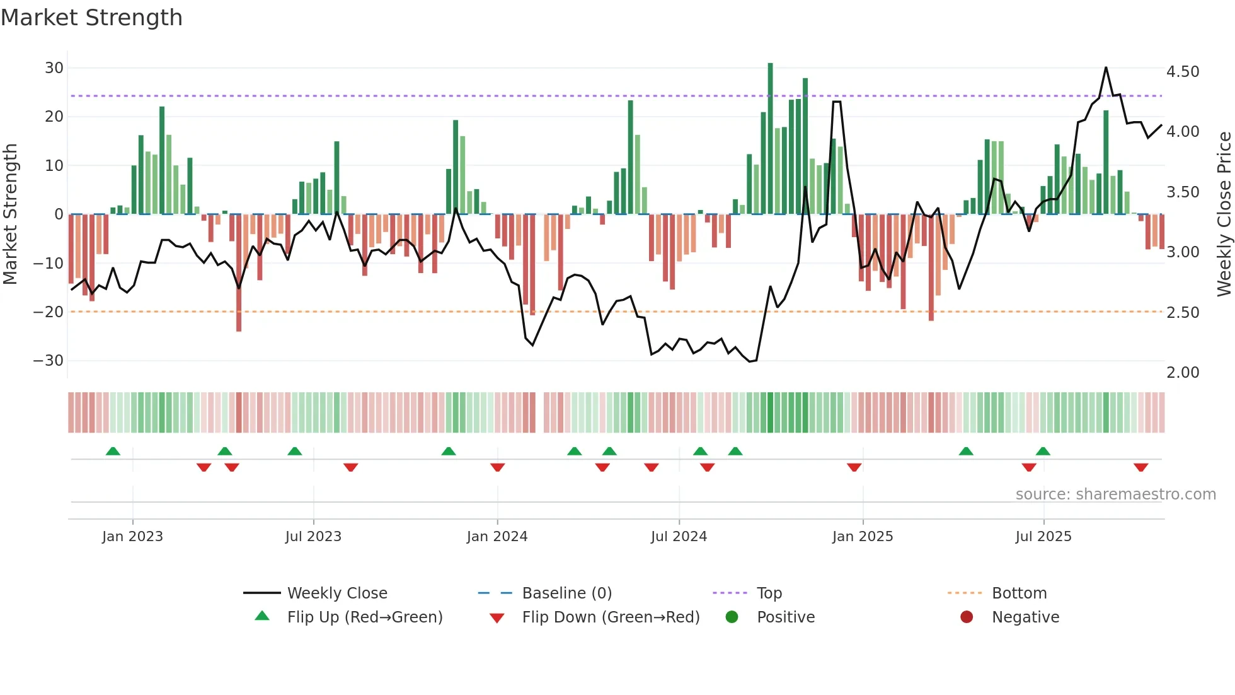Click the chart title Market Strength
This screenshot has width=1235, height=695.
[x=91, y=18]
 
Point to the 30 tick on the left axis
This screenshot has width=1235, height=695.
[x=54, y=68]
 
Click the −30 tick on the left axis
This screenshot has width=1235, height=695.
[x=49, y=361]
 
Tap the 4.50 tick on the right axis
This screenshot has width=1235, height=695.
[x=1183, y=72]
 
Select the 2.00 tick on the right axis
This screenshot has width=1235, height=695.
[x=1183, y=373]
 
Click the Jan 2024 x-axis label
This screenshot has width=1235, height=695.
[x=497, y=537]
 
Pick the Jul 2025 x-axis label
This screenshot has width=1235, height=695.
[x=1043, y=537]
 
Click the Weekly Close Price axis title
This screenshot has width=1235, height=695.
[x=1224, y=214]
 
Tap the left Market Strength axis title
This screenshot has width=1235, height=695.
[x=10, y=214]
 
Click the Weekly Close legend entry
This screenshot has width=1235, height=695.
[x=337, y=593]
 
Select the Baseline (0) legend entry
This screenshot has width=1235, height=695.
[x=566, y=593]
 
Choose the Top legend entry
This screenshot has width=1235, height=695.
[x=769, y=593]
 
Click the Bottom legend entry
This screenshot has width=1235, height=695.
[x=1019, y=593]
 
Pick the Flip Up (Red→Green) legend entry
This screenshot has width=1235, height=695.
[x=364, y=617]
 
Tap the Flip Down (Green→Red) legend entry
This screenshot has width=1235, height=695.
[x=611, y=617]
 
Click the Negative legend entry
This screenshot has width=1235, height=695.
[x=1025, y=617]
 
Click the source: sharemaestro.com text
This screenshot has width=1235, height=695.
[x=1115, y=494]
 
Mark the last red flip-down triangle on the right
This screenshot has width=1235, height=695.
[x=1140, y=467]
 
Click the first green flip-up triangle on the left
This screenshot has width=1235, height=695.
[x=113, y=451]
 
